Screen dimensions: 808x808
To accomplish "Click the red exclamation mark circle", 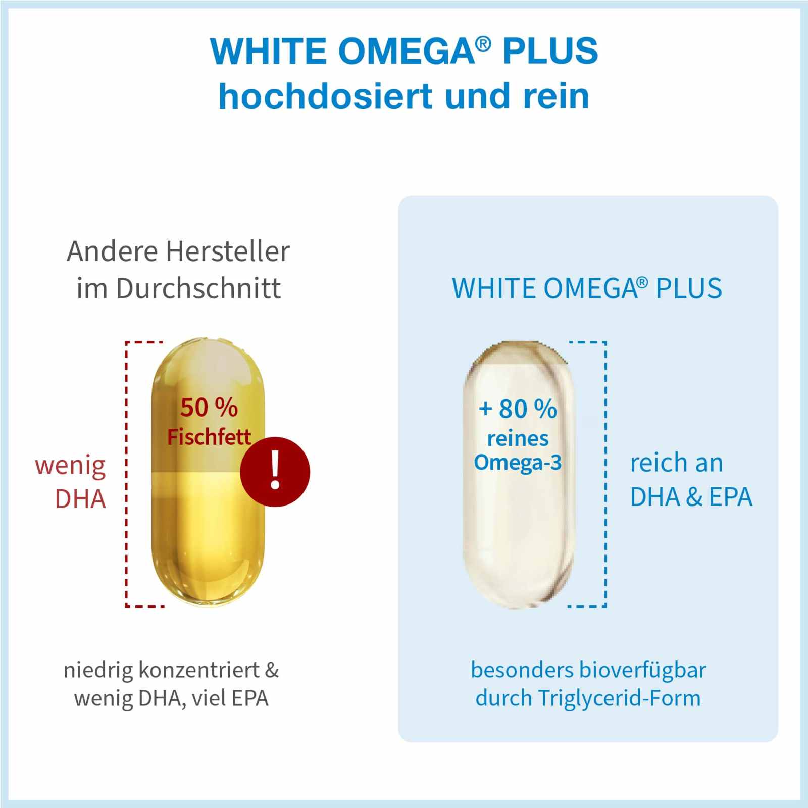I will point(275,472).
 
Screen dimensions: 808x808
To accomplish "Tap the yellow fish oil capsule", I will point(208,530).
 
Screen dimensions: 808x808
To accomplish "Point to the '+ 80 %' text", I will point(518,409).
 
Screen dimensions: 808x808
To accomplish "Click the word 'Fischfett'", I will point(209,437).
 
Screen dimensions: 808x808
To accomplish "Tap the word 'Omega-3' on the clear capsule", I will point(518,463).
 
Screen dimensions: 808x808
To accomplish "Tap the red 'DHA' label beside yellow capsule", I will point(81,499).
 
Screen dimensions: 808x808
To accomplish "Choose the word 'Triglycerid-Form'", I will point(619,699).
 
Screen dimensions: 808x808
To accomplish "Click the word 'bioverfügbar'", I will point(642,670).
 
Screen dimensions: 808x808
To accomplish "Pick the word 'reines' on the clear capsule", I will point(518,438).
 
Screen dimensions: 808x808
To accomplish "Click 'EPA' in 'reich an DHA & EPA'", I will point(731,497).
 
